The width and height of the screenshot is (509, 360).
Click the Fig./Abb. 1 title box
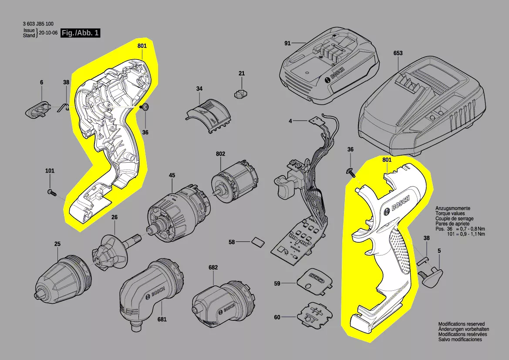pos(81,33)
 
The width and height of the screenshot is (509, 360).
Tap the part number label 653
pos(398,53)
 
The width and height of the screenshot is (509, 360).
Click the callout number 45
pos(172,176)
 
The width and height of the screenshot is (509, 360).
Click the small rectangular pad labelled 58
pos(258,241)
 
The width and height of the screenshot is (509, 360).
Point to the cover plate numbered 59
pos(314,282)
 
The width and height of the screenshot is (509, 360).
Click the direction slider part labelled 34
pos(209,116)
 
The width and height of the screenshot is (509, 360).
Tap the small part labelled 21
pos(242,92)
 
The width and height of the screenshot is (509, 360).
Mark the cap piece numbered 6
pos(38,109)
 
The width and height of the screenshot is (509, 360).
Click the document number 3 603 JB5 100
pos(38,24)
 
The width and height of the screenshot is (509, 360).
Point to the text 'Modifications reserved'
pos(461,324)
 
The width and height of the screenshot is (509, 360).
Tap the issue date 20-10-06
pos(48,33)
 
